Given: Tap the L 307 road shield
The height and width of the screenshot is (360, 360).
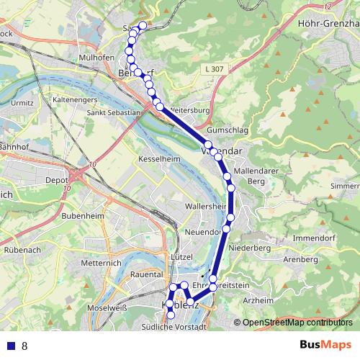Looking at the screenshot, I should [x=215, y=68].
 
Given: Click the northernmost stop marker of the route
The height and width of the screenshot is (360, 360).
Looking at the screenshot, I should [x=143, y=26].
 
